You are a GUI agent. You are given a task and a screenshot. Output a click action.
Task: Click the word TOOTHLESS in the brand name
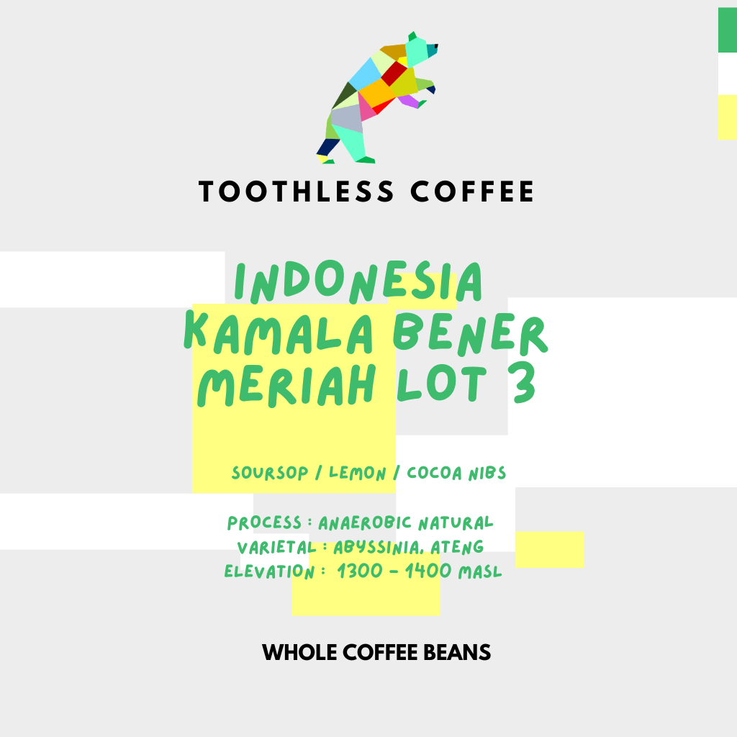[297, 192]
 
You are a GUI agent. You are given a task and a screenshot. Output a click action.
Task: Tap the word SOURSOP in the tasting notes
[276, 474]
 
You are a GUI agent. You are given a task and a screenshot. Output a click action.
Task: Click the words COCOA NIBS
[456, 473]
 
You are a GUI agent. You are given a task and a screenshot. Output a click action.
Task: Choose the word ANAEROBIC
[365, 523]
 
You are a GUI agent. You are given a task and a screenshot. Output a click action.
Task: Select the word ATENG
[457, 548]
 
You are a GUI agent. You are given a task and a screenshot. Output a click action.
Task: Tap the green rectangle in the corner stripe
[727, 30]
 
